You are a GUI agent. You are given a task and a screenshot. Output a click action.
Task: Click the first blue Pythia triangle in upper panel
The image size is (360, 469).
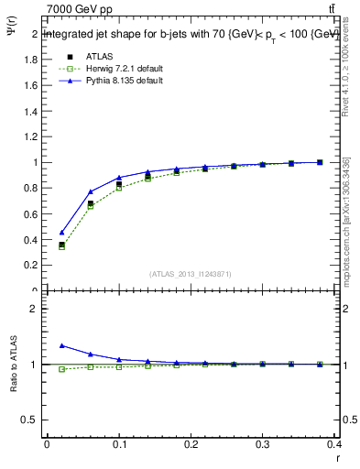pos(61,233)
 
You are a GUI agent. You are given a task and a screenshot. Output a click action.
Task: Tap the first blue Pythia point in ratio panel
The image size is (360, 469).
pos(61,345)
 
